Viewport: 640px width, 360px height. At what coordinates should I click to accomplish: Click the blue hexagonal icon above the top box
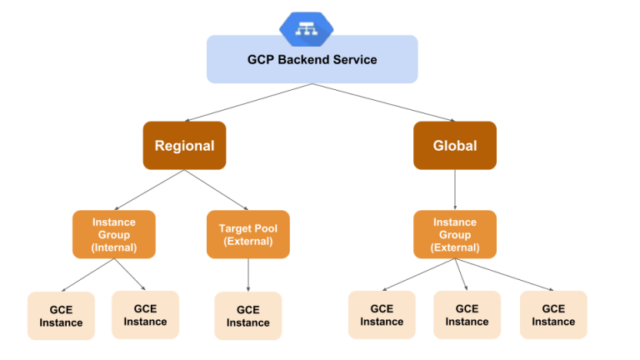coord(307,28)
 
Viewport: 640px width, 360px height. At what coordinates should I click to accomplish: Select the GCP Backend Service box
coord(312,60)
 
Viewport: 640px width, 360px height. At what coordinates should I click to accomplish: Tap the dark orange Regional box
coord(184,146)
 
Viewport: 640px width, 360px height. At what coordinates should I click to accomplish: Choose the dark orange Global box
coord(454,146)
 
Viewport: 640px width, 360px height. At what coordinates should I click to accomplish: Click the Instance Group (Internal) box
coord(114,234)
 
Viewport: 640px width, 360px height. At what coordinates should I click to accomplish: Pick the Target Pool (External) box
coord(247,234)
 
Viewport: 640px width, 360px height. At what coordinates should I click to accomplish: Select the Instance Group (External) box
coord(454,234)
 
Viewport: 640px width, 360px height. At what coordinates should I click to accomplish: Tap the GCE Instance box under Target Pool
coord(247,316)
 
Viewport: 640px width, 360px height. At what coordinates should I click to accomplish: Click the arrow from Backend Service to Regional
coord(248,102)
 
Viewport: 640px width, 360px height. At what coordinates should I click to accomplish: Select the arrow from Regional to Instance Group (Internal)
coord(150,190)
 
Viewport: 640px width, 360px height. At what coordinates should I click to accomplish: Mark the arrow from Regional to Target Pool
coord(217,190)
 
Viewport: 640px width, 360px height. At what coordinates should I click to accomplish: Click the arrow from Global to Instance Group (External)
coord(454,190)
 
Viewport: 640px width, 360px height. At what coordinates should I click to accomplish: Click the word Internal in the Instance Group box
coord(114,247)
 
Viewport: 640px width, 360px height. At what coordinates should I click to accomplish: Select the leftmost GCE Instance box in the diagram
coord(61,316)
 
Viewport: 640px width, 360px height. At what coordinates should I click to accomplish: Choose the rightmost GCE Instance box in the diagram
coord(553,315)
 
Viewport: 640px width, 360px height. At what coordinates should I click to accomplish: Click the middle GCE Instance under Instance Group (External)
coord(467,315)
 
